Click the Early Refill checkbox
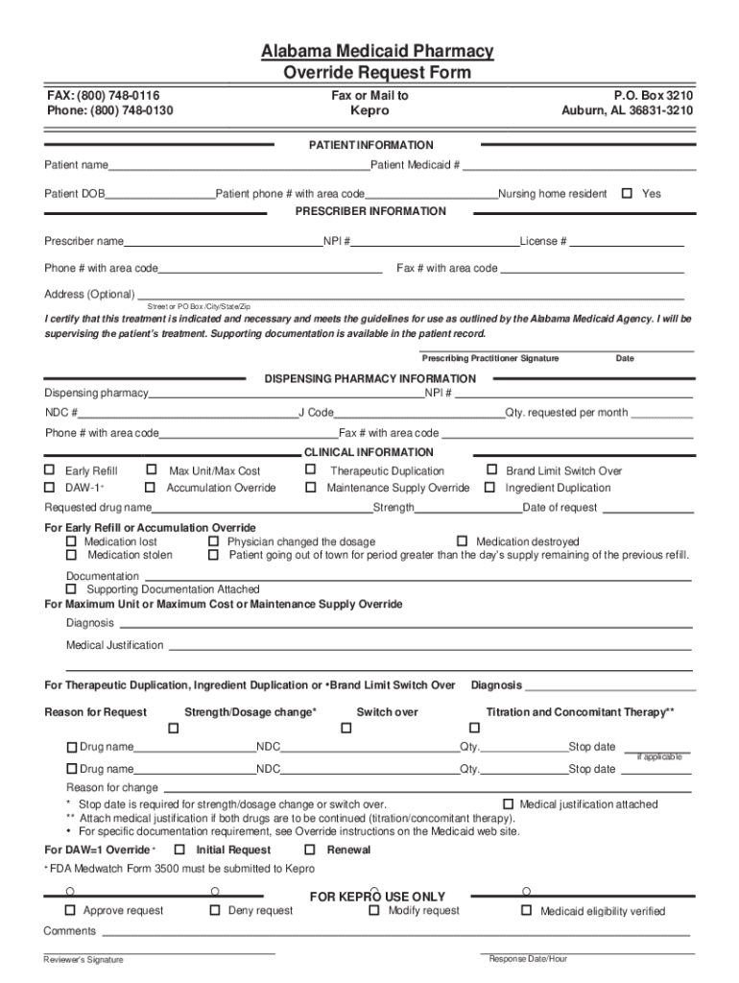click(x=50, y=470)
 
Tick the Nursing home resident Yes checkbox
click(x=627, y=193)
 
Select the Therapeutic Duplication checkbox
click(x=310, y=470)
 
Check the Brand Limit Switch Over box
click(x=491, y=470)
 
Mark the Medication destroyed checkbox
click(x=462, y=541)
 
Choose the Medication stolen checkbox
click(x=71, y=554)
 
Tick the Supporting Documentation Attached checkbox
click(x=71, y=588)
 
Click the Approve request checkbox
click(x=70, y=910)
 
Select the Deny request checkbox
click(x=215, y=910)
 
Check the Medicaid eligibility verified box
click(x=526, y=910)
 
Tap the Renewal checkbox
click(x=310, y=850)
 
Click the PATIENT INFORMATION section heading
click(x=369, y=145)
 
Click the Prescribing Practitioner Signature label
click(x=489, y=358)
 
